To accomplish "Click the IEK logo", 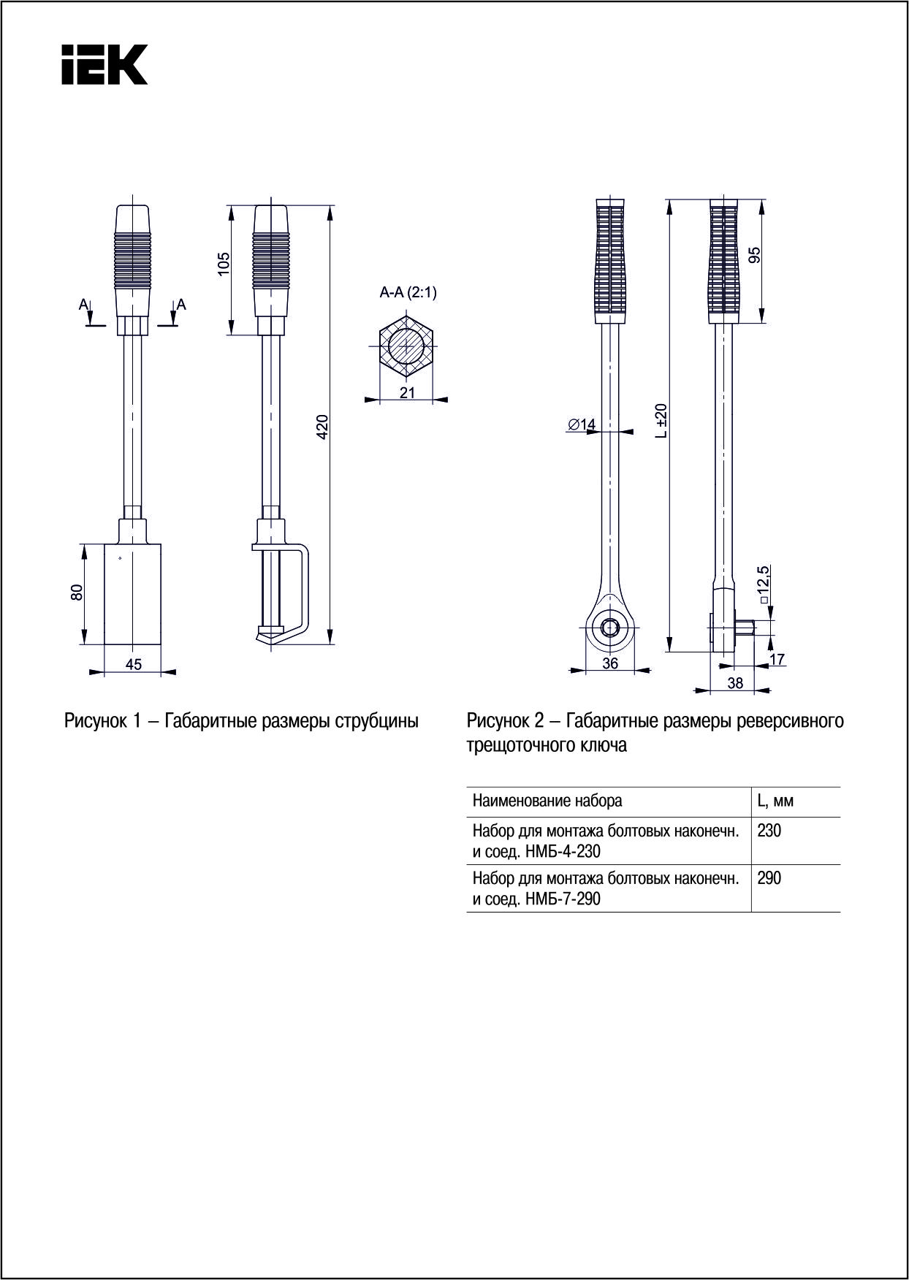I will tap(104, 64).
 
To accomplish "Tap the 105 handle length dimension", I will tap(224, 264).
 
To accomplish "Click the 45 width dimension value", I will tap(134, 664).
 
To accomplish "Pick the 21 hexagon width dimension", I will tap(407, 393).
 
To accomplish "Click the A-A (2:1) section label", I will tap(408, 293).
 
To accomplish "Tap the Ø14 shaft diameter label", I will tap(582, 424).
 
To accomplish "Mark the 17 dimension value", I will tap(777, 659).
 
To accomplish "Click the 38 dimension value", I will tap(736, 682).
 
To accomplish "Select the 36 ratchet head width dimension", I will tap(609, 663).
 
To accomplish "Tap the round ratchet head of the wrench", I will tap(609, 628).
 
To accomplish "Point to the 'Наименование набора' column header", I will tap(547, 801).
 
